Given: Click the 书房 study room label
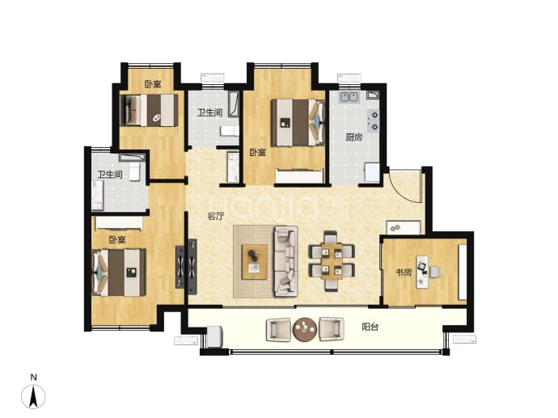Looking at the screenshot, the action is (x=404, y=272).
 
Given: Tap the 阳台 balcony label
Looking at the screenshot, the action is (x=370, y=327).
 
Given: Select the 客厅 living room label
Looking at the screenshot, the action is (x=216, y=216).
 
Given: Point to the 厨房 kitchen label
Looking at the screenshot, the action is (x=353, y=137).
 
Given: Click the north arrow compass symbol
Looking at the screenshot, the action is (x=33, y=396).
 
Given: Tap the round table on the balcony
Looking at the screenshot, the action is (x=305, y=329).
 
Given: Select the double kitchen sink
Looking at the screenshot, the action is (x=349, y=96).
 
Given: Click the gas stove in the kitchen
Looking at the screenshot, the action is (x=373, y=120).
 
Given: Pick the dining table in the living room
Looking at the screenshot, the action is (x=332, y=261).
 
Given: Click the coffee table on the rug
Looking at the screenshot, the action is (x=255, y=262).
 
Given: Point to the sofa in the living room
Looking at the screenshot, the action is (x=285, y=262).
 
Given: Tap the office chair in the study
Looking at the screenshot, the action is (x=435, y=272).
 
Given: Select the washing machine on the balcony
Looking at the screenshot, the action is (x=214, y=336).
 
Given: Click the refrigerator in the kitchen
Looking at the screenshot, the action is (x=372, y=172).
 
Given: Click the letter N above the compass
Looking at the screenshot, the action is (x=33, y=377).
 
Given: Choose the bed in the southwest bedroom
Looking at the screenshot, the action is (x=119, y=272).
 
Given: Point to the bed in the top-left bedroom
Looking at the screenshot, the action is (x=149, y=110).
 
